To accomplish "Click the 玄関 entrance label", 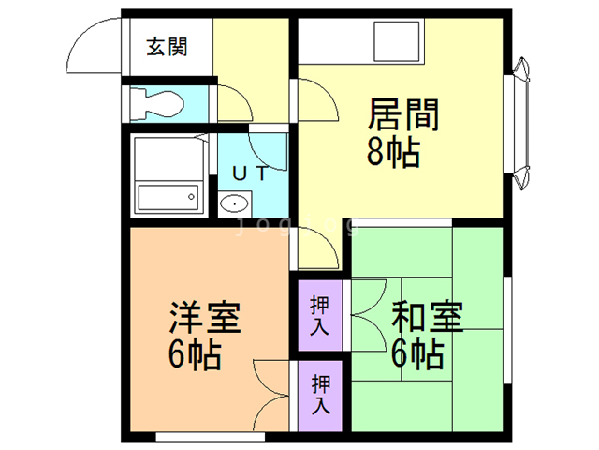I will pyautogui.click(x=167, y=46).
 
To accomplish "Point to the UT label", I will pyautogui.click(x=250, y=172).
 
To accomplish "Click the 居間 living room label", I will pyautogui.click(x=403, y=116).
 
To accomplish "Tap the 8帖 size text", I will pyautogui.click(x=393, y=151).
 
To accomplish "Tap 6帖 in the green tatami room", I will pyautogui.click(x=416, y=354).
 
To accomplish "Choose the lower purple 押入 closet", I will pyautogui.click(x=319, y=394).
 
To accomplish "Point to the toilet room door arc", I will pyautogui.click(x=235, y=104).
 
